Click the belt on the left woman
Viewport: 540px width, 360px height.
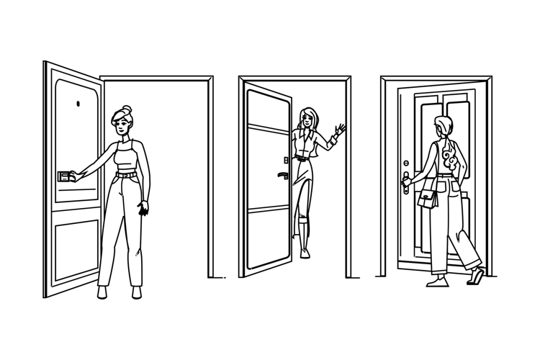[127, 174]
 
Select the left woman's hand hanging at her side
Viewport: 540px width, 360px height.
[143, 208]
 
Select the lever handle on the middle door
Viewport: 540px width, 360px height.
[283, 176]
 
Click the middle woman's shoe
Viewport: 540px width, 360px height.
[305, 251]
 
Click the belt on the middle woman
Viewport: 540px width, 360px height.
[302, 158]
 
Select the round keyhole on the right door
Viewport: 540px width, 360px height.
[406, 163]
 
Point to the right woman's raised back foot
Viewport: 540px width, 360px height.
[477, 276]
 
